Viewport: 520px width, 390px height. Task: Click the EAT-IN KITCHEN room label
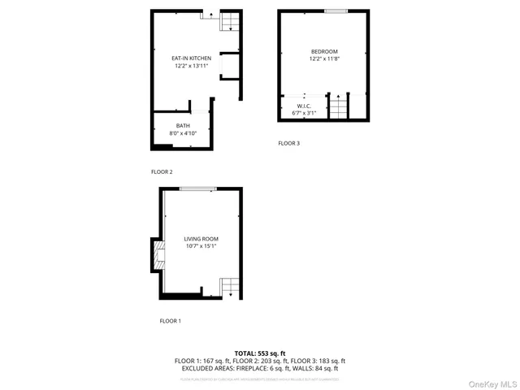[191, 58]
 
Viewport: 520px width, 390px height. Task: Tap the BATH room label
[183, 125]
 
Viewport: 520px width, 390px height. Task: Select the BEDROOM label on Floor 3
[324, 51]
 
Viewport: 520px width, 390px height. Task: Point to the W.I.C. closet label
[304, 106]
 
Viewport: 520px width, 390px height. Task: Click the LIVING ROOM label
[201, 239]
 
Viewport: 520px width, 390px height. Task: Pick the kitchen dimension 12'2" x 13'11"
[191, 67]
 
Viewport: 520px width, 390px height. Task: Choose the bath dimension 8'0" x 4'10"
[183, 132]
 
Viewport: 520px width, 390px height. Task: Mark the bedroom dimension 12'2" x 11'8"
[324, 58]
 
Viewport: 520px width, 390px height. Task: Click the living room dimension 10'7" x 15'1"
[201, 246]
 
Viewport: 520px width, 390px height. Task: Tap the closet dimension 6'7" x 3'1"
[304, 113]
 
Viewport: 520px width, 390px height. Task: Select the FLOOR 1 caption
[170, 321]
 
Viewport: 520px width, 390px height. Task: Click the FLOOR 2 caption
[162, 172]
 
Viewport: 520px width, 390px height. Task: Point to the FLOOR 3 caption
[288, 143]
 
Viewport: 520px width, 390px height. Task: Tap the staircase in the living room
[231, 287]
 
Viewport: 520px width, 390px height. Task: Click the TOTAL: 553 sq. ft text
[259, 353]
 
